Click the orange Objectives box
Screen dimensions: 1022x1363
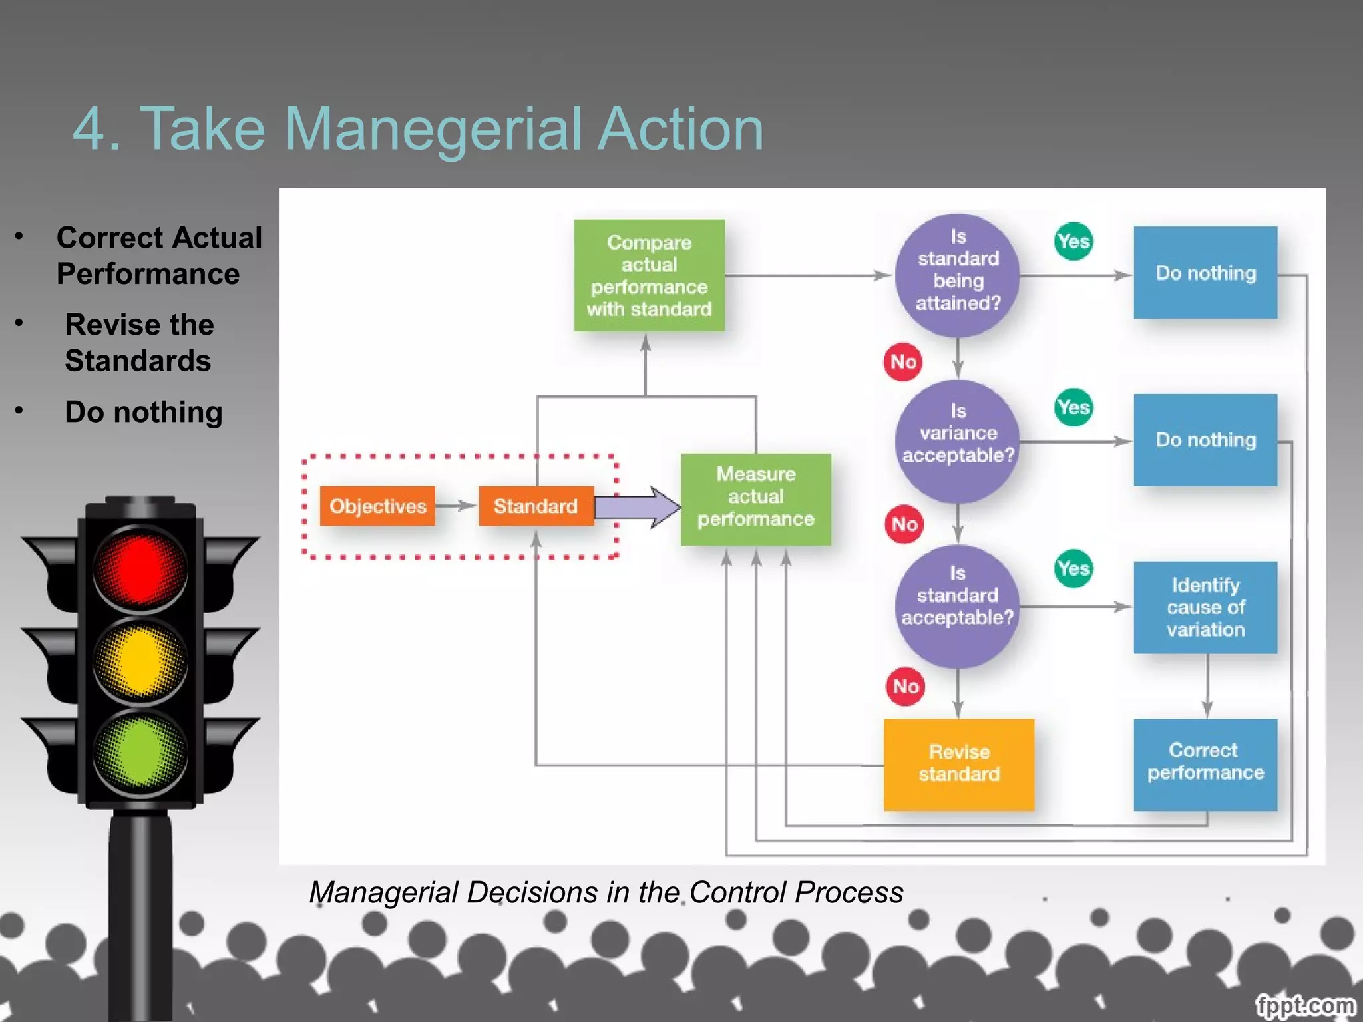point(377,506)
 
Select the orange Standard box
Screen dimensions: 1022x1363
point(536,506)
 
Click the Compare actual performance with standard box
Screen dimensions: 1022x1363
point(649,275)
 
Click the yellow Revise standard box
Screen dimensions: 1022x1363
point(958,764)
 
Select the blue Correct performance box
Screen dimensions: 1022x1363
point(1205,764)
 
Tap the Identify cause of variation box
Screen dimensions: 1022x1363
point(1205,607)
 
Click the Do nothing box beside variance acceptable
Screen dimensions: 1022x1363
point(1205,440)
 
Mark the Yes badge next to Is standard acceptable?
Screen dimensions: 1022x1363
point(1073,568)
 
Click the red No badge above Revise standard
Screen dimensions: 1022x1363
point(905,686)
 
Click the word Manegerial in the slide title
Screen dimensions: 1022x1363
point(437,129)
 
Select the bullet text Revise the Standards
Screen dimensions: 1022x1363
point(138,343)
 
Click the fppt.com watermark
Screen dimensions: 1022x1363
point(1304,1005)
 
